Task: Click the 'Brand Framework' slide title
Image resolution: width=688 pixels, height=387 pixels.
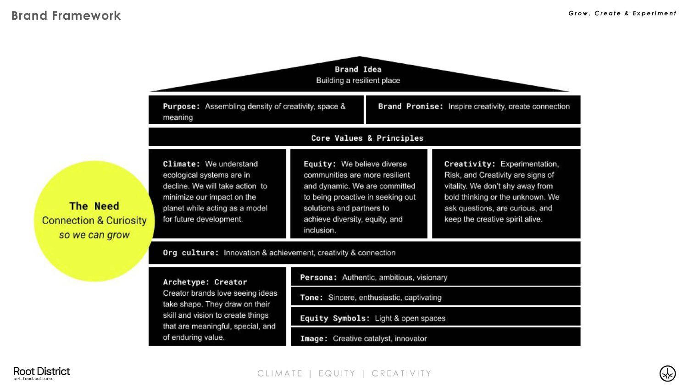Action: pyautogui.click(x=66, y=16)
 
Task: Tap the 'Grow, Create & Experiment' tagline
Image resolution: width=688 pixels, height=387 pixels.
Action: pyautogui.click(x=622, y=13)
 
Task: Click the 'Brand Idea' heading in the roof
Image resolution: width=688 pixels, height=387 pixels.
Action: pyautogui.click(x=358, y=69)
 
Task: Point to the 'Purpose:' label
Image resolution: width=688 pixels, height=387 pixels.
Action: pyautogui.click(x=181, y=106)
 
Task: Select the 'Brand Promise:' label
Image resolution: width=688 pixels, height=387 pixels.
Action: pyautogui.click(x=411, y=106)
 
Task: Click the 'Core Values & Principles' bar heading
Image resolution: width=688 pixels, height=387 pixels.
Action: pyautogui.click(x=367, y=138)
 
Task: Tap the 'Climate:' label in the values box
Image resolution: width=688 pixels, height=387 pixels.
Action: pyautogui.click(x=181, y=164)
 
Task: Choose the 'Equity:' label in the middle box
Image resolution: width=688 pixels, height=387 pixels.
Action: pyautogui.click(x=320, y=164)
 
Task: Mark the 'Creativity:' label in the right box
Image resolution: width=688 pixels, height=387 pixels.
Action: pyautogui.click(x=470, y=164)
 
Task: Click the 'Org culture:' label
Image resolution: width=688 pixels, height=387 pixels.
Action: pyautogui.click(x=191, y=253)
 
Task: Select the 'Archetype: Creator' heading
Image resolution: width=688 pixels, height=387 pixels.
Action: pyautogui.click(x=205, y=282)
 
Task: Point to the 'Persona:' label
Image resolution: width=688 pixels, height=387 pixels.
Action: pyautogui.click(x=318, y=277)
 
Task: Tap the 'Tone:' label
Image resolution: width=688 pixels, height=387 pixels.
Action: pyautogui.click(x=311, y=298)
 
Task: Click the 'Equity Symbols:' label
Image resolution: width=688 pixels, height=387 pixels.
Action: pyautogui.click(x=335, y=318)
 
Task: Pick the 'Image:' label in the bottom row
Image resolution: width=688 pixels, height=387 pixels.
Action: pyautogui.click(x=314, y=338)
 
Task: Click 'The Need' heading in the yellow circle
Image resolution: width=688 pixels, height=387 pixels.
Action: pyautogui.click(x=94, y=206)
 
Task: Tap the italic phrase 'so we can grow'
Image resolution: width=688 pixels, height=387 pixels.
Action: pyautogui.click(x=94, y=235)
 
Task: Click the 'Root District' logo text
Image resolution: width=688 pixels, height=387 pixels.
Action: pyautogui.click(x=41, y=371)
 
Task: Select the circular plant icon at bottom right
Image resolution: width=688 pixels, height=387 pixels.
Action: pyautogui.click(x=667, y=374)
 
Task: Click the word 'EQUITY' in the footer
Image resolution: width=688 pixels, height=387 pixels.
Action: pyautogui.click(x=337, y=374)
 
